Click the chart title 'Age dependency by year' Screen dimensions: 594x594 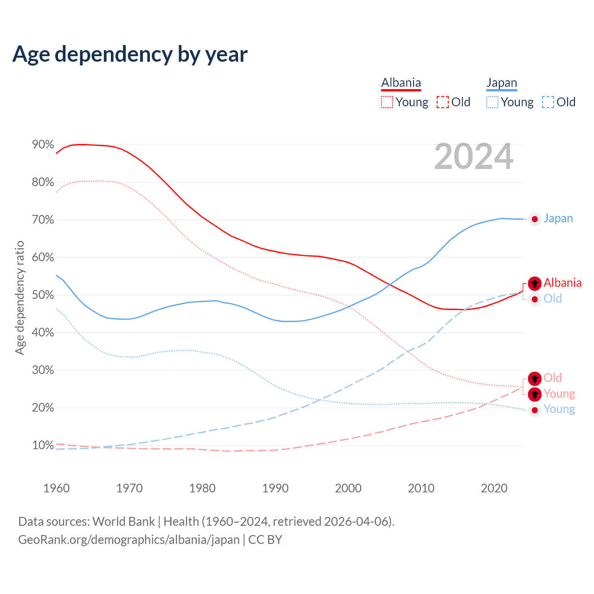pos(130,54)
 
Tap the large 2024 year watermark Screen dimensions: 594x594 pos(474,156)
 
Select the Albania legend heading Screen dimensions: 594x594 pos(401,83)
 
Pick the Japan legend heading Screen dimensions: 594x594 pos(502,83)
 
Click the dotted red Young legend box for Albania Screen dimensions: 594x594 pos(387,102)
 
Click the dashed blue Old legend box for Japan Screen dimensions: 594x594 pos(548,102)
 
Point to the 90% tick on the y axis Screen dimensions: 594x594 pos(43,145)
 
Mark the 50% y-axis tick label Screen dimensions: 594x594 pos(43,295)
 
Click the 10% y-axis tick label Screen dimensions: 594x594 pos(43,445)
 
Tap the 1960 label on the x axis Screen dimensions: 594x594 pos(56,488)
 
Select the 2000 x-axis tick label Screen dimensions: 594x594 pos(348,488)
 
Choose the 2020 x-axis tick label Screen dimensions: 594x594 pos(494,488)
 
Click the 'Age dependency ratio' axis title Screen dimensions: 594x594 pos(19,297)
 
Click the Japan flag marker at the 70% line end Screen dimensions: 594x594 pos(535,219)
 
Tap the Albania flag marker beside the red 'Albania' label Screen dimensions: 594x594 pos(535,283)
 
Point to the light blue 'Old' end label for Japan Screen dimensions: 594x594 pos(553,298)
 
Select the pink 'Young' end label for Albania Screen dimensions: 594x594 pos(559,394)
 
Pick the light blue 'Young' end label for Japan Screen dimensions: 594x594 pos(559,409)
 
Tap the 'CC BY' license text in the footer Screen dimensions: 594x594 pos(265,540)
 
